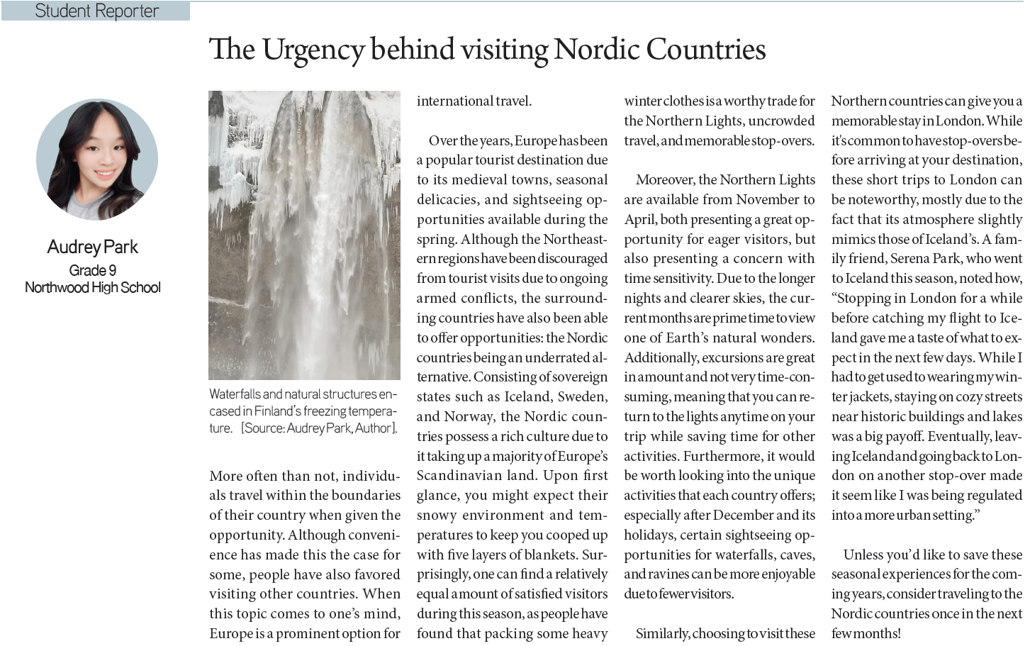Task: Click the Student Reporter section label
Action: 96,11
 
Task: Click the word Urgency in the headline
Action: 313,50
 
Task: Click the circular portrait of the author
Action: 97,159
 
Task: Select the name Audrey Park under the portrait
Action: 92,247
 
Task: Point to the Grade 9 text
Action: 92,270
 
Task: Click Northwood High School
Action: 92,287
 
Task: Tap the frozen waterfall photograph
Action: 304,235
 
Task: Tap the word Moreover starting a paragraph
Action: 664,180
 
